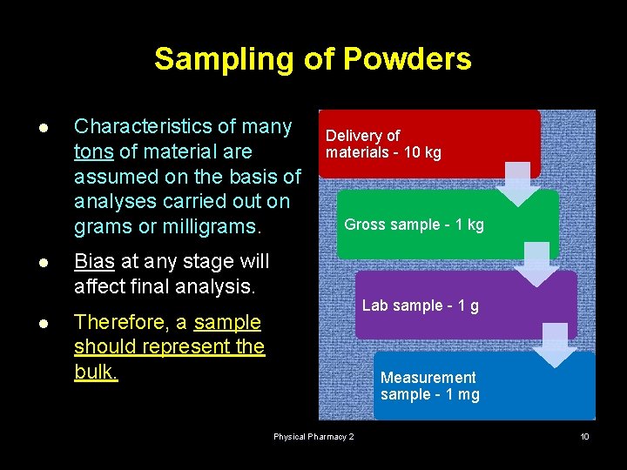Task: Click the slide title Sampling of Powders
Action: [313, 59]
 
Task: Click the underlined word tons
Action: [93, 152]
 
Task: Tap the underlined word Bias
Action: [94, 261]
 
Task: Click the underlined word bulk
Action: [96, 373]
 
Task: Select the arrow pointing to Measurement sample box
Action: [555, 345]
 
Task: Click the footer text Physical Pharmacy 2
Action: [313, 436]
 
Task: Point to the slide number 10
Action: [584, 436]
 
